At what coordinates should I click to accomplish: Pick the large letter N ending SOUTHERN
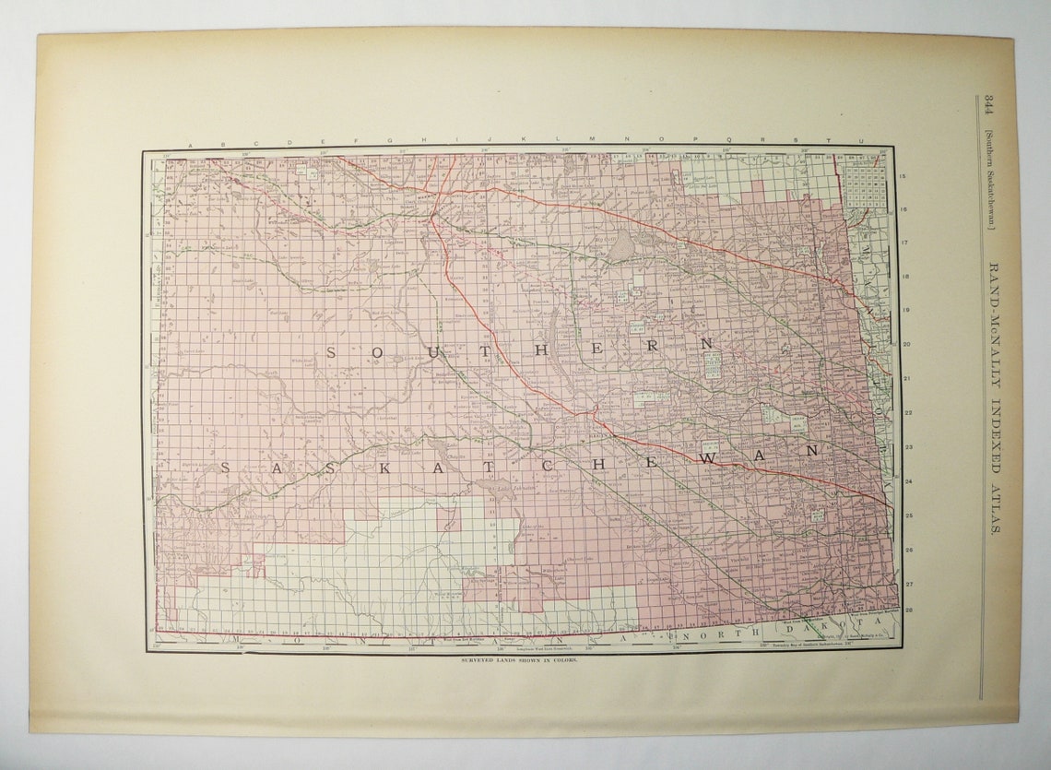point(707,343)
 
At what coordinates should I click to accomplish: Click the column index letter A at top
point(190,144)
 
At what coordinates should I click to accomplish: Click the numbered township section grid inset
point(865,181)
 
